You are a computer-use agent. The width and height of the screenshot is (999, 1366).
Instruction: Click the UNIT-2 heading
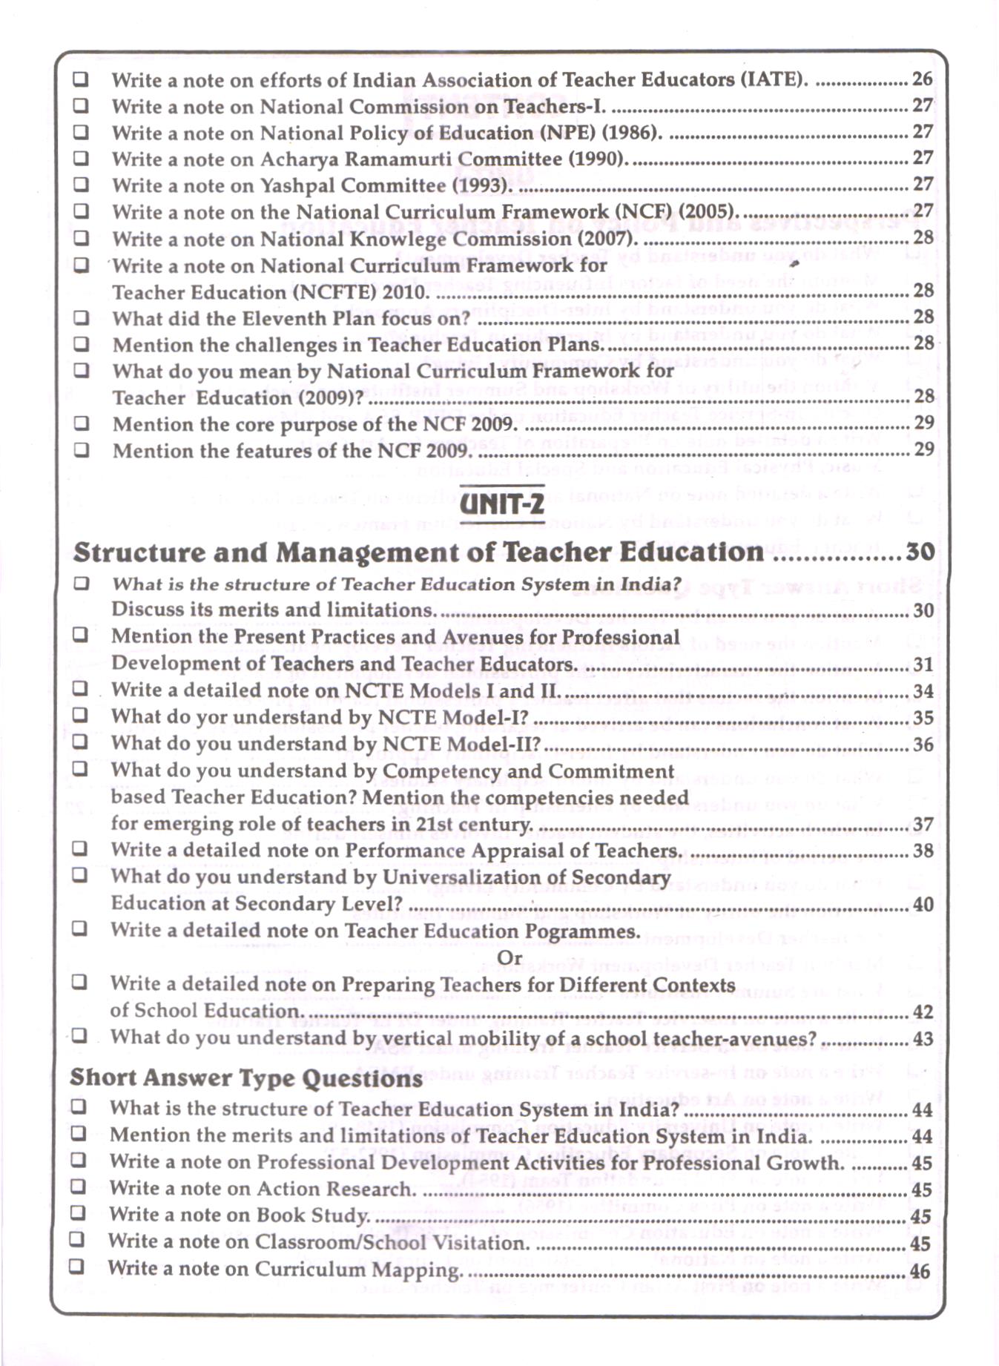click(502, 505)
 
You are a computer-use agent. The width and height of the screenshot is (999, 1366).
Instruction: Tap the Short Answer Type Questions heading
click(245, 1078)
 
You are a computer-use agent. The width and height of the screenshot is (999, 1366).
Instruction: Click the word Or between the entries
click(510, 957)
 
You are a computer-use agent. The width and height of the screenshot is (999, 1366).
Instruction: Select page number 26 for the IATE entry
click(922, 79)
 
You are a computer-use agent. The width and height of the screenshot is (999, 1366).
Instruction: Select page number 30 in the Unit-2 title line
click(920, 552)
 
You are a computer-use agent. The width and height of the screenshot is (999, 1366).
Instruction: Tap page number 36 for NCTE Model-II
click(923, 745)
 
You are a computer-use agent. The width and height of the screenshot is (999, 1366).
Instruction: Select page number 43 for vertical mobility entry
click(922, 1039)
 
